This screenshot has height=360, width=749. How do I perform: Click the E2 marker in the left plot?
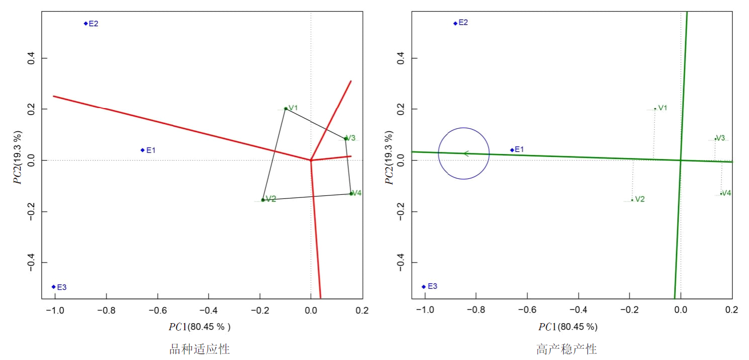pos(86,23)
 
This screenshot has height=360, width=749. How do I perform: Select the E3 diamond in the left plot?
pos(54,287)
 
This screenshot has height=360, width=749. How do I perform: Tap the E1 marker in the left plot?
pos(143,150)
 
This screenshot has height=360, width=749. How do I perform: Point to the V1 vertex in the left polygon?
pos(286,109)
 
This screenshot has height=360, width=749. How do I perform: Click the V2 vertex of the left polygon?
pos(263,200)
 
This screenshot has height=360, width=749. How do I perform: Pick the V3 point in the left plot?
pos(346,138)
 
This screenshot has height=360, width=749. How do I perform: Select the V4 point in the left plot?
pos(351,193)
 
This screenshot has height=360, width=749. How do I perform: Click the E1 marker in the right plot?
pos(512,150)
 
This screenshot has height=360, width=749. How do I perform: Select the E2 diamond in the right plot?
pos(455,23)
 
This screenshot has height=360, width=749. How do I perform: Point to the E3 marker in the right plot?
pos(424,287)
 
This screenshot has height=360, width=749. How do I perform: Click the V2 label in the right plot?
pos(639,199)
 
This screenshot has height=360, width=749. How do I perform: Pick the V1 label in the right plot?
pos(663,108)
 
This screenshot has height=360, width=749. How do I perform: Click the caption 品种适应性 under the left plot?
pos(199,349)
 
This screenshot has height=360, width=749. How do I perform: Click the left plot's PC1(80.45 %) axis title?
pos(199,327)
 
